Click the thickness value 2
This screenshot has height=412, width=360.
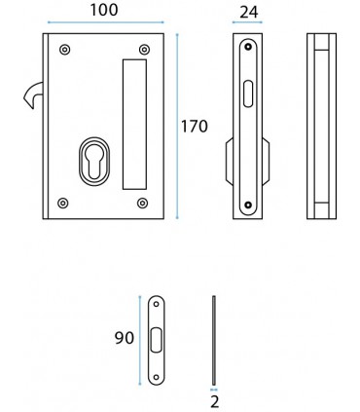point(213,399)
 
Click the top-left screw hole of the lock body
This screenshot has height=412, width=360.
point(63,50)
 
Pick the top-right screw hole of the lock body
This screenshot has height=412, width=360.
point(143,50)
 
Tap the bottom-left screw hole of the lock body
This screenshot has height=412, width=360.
point(63,203)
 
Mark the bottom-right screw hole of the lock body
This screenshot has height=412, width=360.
point(143,203)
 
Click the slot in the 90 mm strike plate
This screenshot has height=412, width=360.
point(155,341)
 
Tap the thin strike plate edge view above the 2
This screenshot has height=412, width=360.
point(213,340)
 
